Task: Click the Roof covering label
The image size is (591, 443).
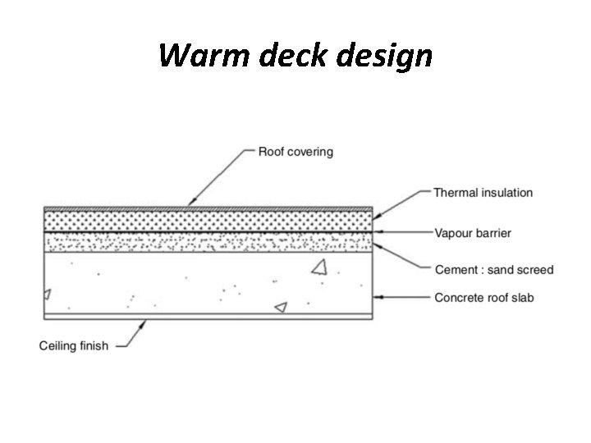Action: click(x=295, y=152)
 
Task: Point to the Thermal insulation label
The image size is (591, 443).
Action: click(x=483, y=193)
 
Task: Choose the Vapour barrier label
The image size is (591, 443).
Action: click(x=472, y=233)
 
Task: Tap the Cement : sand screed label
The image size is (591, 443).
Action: click(x=493, y=269)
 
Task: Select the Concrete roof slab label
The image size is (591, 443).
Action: click(x=483, y=297)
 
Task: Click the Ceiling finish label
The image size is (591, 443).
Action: click(x=74, y=345)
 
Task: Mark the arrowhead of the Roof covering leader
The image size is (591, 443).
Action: click(x=190, y=203)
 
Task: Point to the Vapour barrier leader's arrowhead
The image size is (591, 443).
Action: click(x=378, y=233)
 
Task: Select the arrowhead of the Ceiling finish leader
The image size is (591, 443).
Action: click(x=145, y=322)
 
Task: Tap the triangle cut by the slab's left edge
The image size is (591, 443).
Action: click(x=47, y=293)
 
